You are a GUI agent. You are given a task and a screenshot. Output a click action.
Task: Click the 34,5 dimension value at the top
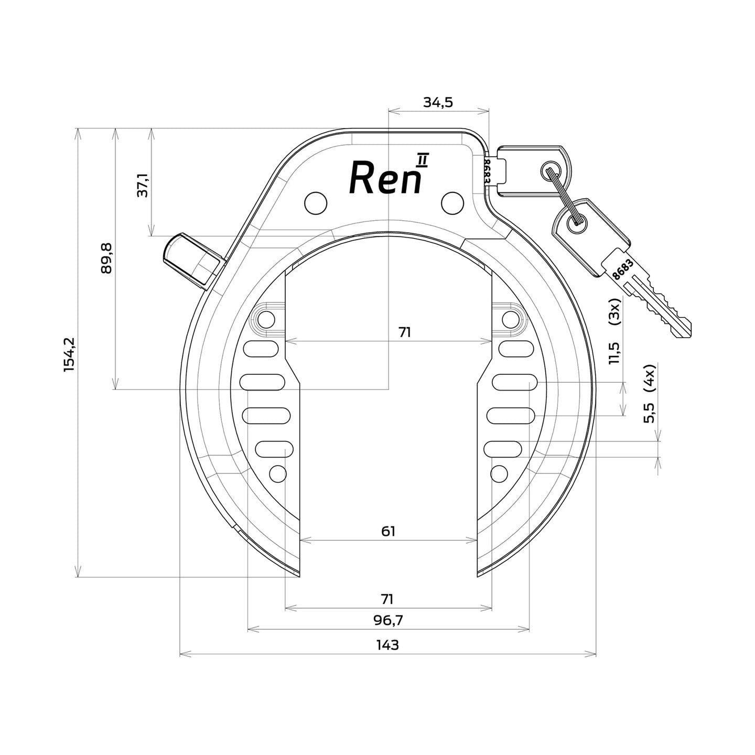(438, 102)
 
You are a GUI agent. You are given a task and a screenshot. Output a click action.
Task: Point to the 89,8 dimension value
(106, 258)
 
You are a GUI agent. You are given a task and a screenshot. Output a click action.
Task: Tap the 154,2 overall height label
(69, 355)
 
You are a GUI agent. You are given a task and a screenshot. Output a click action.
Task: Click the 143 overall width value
(387, 644)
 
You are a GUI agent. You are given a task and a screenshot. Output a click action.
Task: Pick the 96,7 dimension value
(388, 620)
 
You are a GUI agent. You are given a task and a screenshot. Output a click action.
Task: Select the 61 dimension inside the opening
(388, 531)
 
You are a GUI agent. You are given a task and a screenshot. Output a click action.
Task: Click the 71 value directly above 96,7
(388, 598)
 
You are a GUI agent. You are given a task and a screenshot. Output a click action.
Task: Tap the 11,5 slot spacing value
(615, 352)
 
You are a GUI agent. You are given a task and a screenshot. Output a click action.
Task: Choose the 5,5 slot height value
(650, 413)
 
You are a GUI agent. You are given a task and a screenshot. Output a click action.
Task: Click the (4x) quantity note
(650, 378)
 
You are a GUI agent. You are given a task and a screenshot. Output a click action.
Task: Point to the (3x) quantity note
(615, 313)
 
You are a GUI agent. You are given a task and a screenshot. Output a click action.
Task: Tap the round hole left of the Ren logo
(316, 202)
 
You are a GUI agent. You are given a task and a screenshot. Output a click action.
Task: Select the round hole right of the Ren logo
(452, 202)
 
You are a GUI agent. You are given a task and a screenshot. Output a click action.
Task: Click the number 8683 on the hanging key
(622, 268)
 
